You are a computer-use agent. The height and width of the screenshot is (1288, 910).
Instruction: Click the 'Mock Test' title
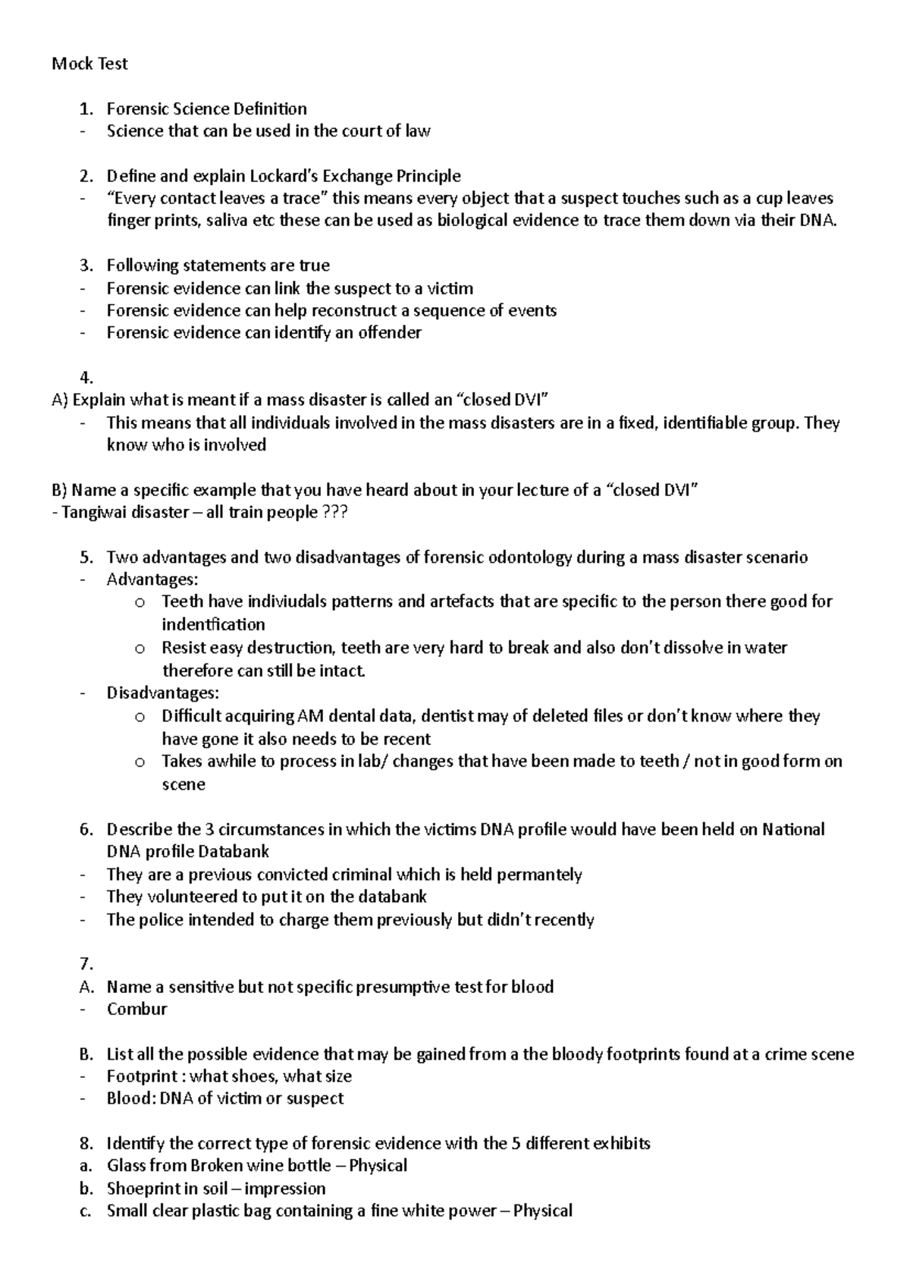point(89,64)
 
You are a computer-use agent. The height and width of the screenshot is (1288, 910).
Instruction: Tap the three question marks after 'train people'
point(335,513)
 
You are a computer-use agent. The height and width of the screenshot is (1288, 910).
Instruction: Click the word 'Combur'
point(136,1009)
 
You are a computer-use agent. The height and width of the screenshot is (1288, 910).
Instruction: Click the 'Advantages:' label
point(152,580)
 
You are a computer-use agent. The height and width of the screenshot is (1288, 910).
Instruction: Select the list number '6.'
point(86,829)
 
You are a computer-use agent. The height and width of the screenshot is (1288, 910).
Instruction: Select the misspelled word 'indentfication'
point(213,625)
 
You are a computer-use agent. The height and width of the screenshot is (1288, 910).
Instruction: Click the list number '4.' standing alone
point(86,377)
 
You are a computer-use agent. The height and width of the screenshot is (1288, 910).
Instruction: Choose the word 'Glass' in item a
point(126,1166)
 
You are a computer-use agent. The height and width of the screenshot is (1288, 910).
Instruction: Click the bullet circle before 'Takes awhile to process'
point(139,762)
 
